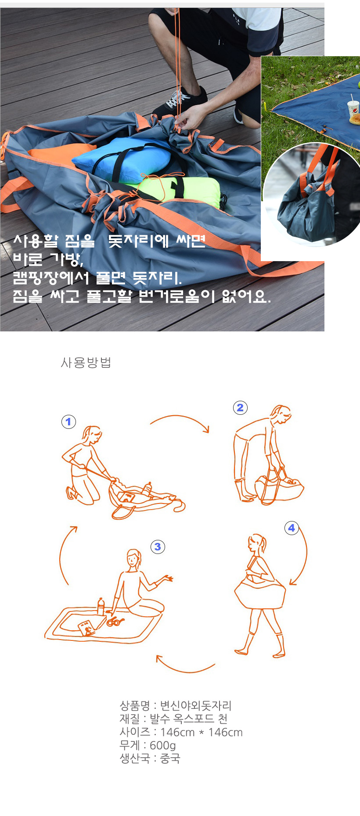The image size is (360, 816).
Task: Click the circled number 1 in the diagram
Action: (x=68, y=422)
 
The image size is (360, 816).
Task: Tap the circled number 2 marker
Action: (x=240, y=408)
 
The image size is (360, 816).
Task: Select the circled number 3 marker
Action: (x=158, y=546)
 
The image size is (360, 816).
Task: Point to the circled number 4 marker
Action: (x=292, y=528)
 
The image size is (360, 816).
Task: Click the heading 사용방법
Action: (x=86, y=363)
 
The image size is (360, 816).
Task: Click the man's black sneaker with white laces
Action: (x=180, y=104)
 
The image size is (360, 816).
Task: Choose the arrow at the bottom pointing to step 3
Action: (x=184, y=669)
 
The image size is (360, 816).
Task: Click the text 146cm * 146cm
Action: (x=202, y=732)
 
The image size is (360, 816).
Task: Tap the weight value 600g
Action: (x=163, y=745)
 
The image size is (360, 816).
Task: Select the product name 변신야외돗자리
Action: (x=196, y=706)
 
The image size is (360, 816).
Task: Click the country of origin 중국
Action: (x=170, y=758)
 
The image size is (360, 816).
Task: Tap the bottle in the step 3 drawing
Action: (x=101, y=607)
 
